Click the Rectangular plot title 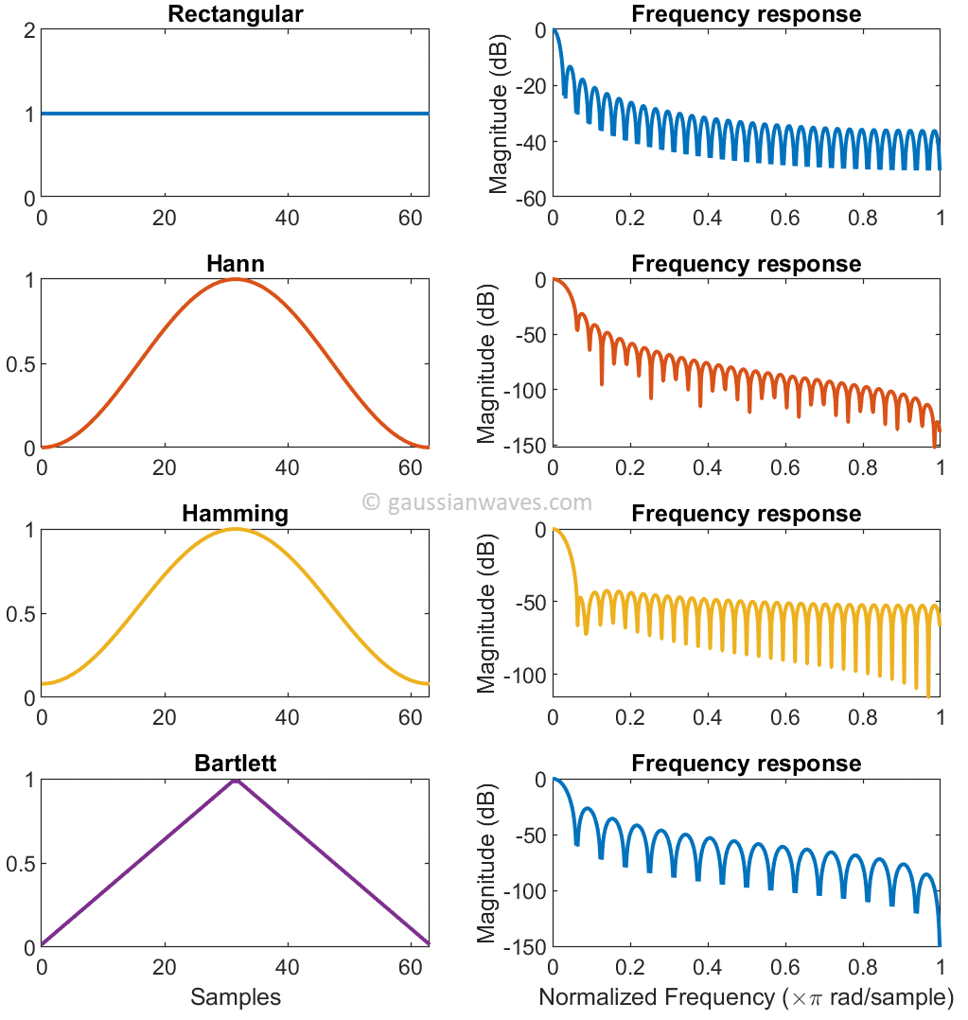coord(235,14)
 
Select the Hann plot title coord(235,264)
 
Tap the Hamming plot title coord(235,514)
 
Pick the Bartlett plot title coord(235,764)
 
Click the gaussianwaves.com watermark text coord(478,502)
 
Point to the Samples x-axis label coord(235,997)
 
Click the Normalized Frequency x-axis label coord(746,997)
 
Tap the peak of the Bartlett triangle coord(235,780)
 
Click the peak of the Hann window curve coord(235,279)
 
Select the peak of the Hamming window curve coord(235,529)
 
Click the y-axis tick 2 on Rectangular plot coord(30,30)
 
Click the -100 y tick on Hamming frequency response coord(522,675)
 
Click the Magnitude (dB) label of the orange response coord(486,362)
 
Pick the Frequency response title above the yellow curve coord(746,514)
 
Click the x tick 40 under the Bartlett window coord(287,968)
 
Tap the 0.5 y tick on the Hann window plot coord(21,364)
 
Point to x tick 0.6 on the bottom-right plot coord(784,968)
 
